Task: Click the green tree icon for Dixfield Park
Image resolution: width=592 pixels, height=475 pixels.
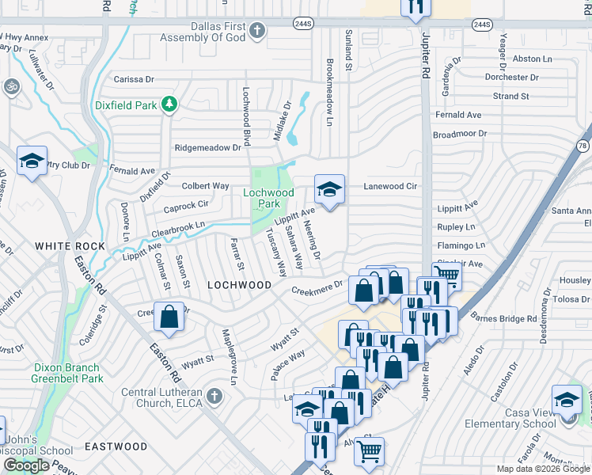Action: click(168, 104)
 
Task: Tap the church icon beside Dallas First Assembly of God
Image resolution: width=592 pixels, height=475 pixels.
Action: click(256, 31)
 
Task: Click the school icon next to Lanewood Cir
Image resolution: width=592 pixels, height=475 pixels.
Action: click(330, 189)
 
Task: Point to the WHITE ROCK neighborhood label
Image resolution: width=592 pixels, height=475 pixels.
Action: click(70, 247)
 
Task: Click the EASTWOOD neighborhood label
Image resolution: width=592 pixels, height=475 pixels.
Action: click(116, 446)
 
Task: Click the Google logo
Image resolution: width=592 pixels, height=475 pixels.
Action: click(26, 465)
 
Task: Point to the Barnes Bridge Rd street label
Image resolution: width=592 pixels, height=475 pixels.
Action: click(503, 318)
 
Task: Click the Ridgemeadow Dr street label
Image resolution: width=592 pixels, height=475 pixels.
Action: click(207, 147)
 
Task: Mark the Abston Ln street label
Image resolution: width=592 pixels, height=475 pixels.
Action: click(532, 59)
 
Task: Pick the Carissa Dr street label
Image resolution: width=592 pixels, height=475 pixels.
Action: click(134, 79)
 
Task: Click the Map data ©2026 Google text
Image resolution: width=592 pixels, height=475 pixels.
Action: click(542, 469)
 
